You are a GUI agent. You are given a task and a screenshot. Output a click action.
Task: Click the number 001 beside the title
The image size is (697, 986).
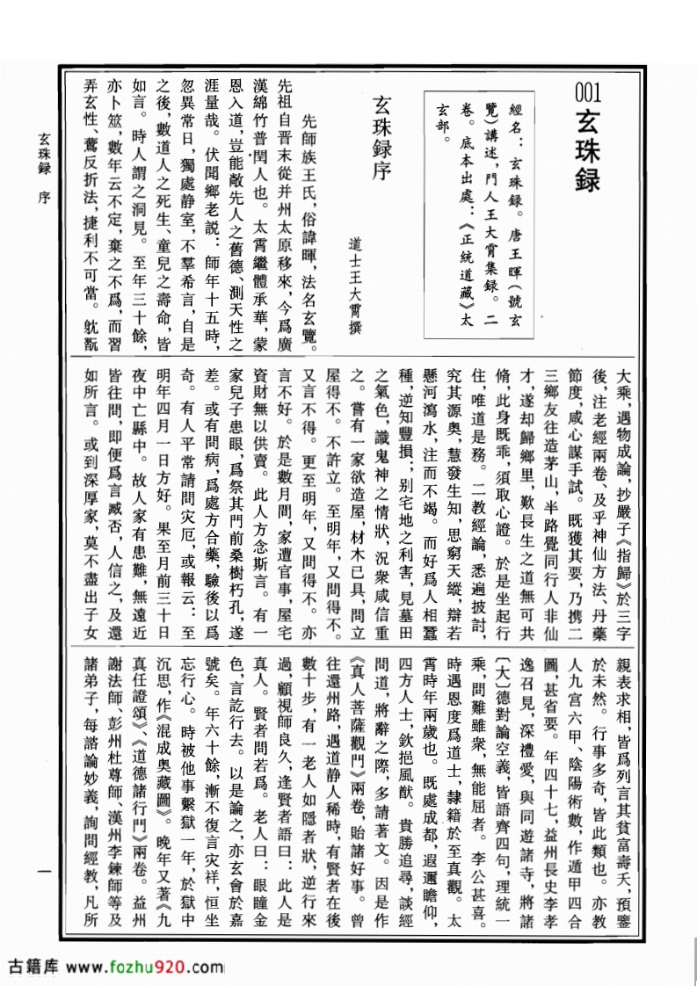[x=588, y=91]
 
